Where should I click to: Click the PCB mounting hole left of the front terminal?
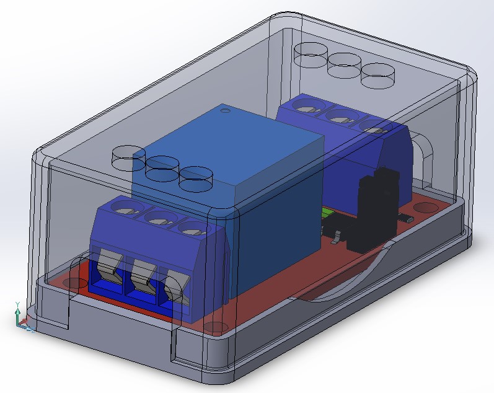75,284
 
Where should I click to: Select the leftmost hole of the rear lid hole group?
311,55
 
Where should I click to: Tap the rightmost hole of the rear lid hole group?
377,76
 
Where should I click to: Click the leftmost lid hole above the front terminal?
129,159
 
